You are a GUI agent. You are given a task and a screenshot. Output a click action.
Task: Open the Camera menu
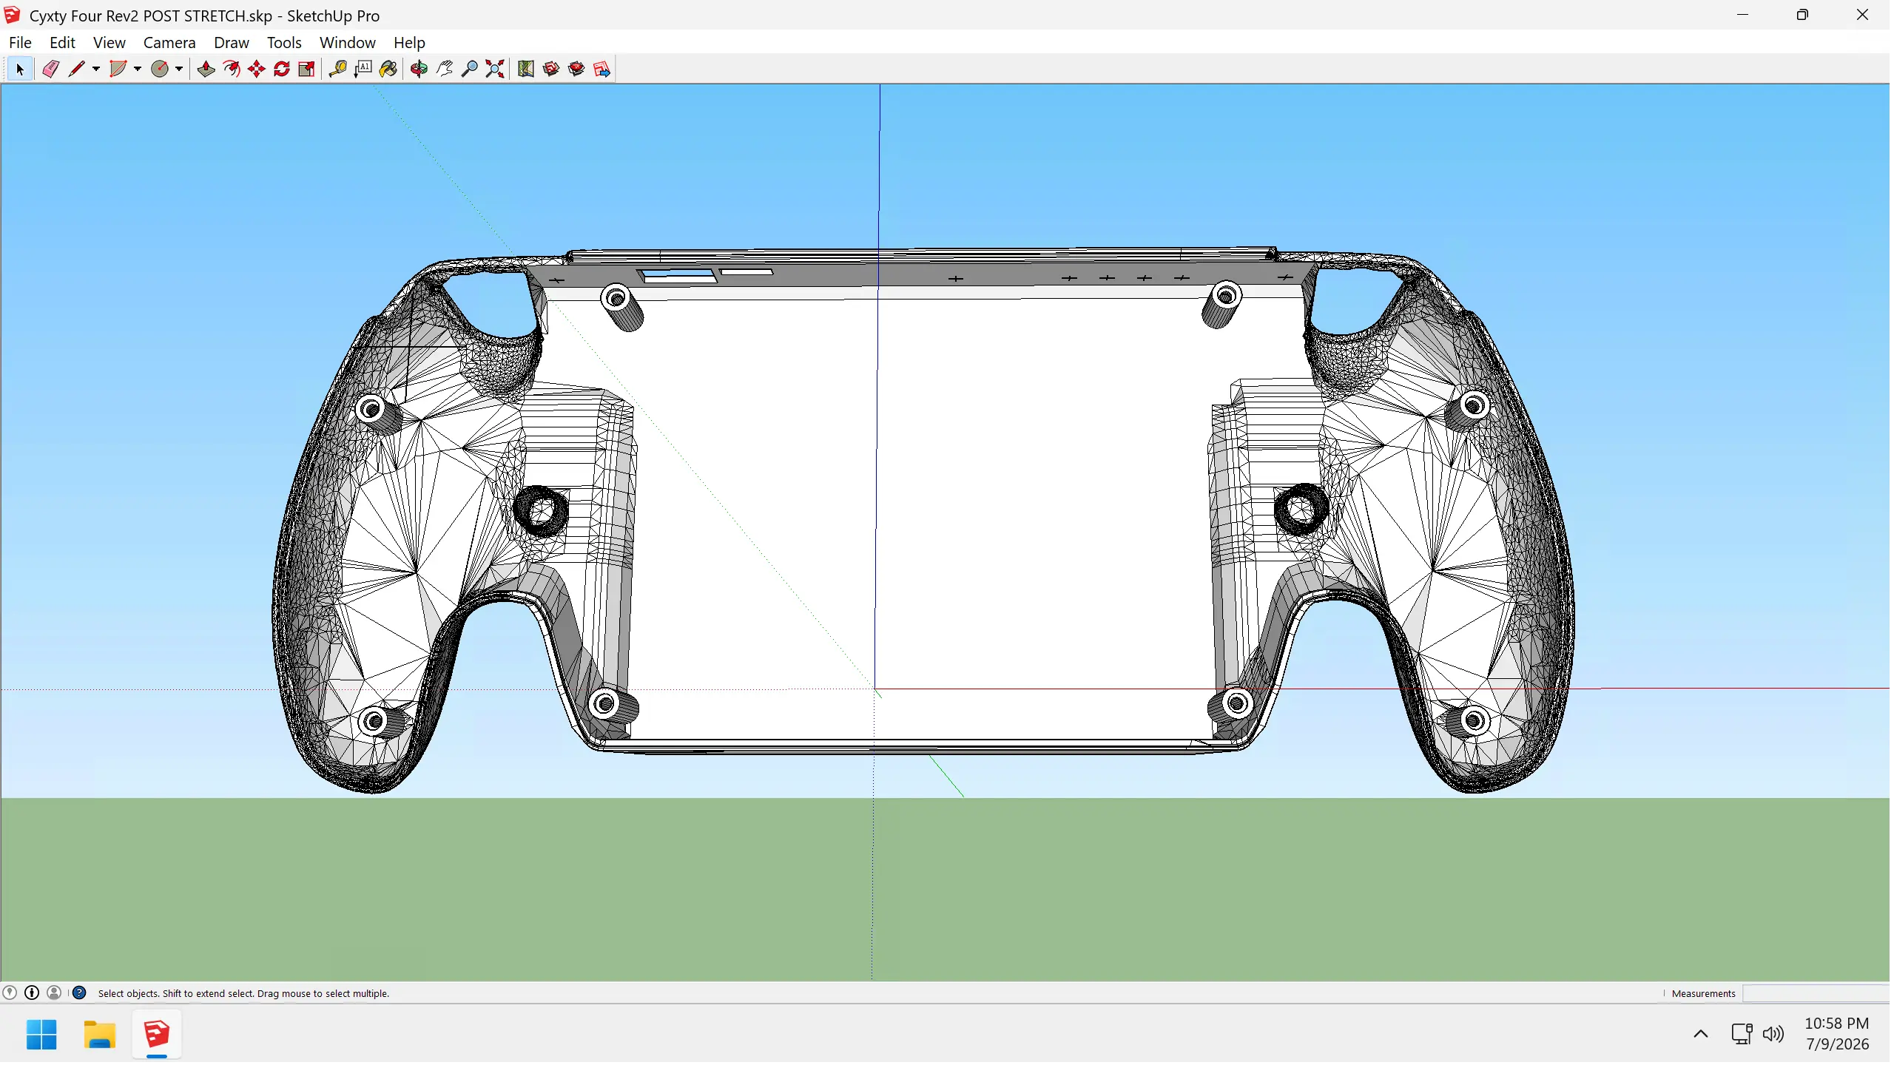[x=169, y=43]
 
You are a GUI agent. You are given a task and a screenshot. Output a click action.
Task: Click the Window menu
[x=348, y=43]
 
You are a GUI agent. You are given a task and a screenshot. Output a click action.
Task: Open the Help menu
[x=409, y=43]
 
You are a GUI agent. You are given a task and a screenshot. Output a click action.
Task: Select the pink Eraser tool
[x=50, y=69]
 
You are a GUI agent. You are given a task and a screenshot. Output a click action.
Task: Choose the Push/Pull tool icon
[x=206, y=69]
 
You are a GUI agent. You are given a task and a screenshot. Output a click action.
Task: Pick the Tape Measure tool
[x=337, y=69]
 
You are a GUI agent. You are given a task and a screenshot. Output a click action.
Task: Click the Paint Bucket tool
[x=388, y=69]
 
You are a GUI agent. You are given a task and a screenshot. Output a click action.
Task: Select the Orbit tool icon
[x=419, y=69]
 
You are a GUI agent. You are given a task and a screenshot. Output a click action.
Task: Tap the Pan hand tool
[x=444, y=69]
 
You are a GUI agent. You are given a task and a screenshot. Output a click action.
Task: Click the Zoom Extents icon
[x=495, y=69]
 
